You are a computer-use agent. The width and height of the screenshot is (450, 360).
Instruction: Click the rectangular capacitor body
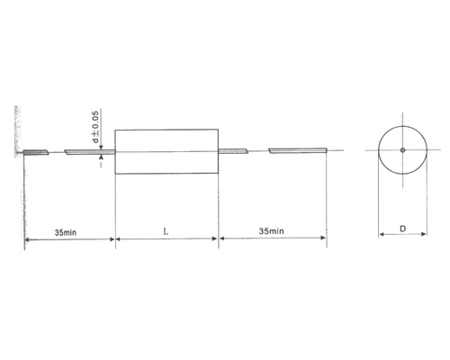tap(166, 150)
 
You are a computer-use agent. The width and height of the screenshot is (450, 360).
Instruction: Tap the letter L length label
tap(166, 231)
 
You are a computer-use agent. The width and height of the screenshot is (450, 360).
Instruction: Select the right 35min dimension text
tap(272, 231)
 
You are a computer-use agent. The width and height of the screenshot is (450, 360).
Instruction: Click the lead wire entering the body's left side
tap(90, 152)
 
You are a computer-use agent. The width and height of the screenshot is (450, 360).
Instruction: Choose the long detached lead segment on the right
tap(297, 151)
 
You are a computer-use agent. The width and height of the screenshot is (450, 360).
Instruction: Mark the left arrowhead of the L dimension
tap(119, 239)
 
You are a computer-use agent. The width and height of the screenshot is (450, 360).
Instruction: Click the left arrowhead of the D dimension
tap(379, 239)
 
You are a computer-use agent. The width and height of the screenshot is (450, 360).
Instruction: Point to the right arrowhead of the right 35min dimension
tap(322, 239)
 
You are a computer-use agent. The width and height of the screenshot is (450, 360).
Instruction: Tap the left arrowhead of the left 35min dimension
tap(28, 239)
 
